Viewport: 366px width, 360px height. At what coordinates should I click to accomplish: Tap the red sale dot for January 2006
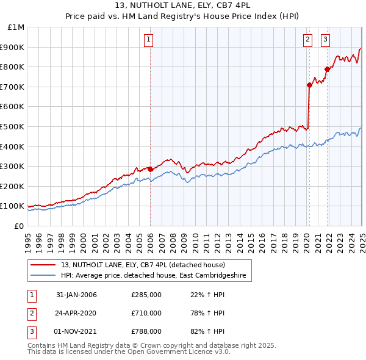tap(150, 169)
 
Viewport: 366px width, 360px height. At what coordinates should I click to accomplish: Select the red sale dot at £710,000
tap(309, 85)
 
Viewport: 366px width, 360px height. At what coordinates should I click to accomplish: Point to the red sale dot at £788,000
tap(327, 69)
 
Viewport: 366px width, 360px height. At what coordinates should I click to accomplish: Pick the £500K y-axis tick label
tap(13, 126)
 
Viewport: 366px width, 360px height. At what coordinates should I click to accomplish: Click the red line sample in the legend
tap(43, 265)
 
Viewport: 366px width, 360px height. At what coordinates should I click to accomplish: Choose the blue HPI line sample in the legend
tap(43, 276)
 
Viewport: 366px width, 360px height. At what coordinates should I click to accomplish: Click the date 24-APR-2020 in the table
tap(76, 313)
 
